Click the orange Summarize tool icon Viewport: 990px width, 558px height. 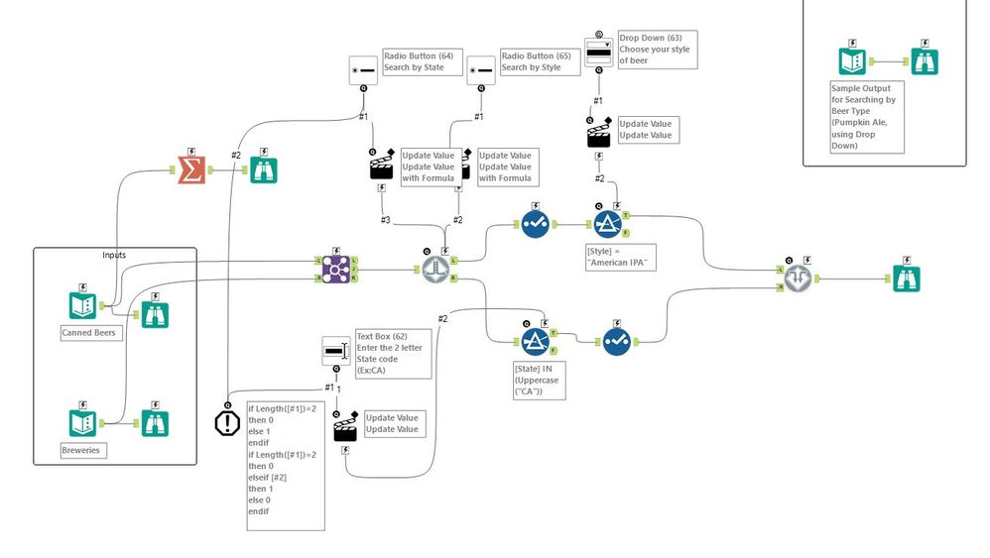click(191, 169)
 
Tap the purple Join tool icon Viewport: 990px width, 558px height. click(334, 269)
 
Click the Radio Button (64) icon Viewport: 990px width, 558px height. click(363, 69)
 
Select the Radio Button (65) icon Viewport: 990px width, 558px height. click(481, 69)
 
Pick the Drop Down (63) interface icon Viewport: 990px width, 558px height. click(598, 54)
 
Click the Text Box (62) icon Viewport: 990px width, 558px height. click(335, 350)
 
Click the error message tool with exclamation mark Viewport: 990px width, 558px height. click(227, 423)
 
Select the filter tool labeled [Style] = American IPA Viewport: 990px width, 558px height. click(607, 225)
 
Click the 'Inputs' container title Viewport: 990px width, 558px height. click(114, 256)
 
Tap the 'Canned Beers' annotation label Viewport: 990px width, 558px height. click(89, 333)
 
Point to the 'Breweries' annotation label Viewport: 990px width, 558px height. click(83, 450)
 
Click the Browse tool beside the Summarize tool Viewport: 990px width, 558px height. click(263, 169)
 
